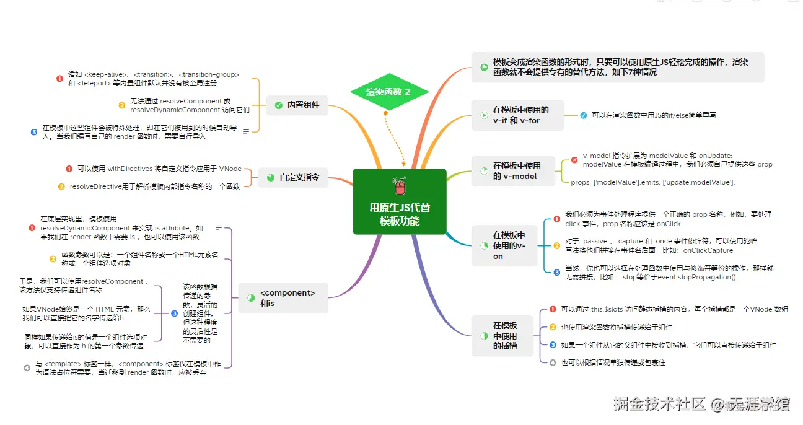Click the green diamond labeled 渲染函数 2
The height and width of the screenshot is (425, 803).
tap(388, 92)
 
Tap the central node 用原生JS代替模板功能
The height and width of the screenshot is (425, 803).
tap(400, 214)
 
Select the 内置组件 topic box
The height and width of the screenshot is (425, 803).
tap(297, 105)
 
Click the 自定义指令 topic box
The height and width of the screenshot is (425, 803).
tap(292, 177)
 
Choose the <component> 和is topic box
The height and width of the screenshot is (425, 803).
tap(283, 297)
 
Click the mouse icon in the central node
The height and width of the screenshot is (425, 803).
tap(400, 186)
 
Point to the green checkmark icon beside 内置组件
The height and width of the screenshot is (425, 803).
tap(278, 105)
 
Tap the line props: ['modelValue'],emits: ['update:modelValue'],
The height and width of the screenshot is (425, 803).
tap(652, 182)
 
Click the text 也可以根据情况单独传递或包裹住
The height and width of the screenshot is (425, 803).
tap(613, 362)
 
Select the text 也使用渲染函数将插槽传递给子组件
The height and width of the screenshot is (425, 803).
tap(616, 327)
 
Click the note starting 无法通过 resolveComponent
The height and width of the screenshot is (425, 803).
tap(190, 105)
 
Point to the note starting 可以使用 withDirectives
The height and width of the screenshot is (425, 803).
tap(159, 169)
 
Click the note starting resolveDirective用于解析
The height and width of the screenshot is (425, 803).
tap(154, 186)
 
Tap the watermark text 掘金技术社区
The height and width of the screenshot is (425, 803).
tap(659, 404)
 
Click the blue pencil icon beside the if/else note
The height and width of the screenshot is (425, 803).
tap(583, 115)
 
